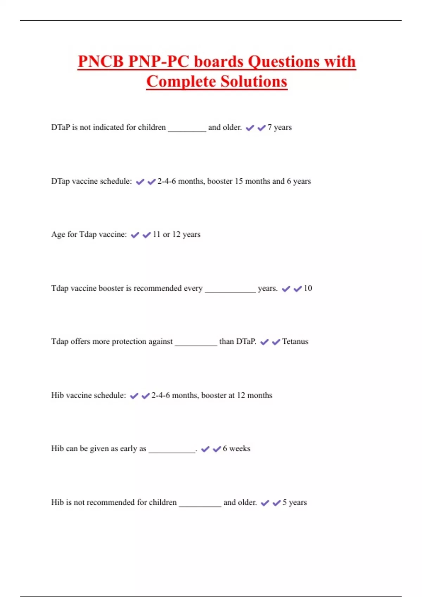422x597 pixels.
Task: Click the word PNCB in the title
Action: (101, 62)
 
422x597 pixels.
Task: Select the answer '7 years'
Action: (280, 127)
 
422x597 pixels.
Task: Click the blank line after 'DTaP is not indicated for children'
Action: (187, 130)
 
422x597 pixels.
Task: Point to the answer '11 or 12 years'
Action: (177, 235)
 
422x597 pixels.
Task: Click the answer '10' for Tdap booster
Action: (308, 288)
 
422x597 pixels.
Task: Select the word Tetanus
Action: (295, 342)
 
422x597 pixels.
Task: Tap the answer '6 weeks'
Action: (237, 449)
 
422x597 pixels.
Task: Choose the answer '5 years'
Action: (295, 503)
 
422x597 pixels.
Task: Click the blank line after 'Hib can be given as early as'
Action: (172, 451)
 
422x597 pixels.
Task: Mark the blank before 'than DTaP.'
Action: (196, 344)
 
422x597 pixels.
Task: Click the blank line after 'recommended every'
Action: (230, 291)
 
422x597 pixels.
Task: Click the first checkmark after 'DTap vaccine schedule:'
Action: (140, 182)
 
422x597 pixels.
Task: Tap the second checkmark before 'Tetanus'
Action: (276, 342)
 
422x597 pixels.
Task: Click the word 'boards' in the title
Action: (219, 62)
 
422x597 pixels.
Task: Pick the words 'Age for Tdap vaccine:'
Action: (89, 235)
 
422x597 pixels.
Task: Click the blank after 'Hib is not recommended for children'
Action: (200, 505)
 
